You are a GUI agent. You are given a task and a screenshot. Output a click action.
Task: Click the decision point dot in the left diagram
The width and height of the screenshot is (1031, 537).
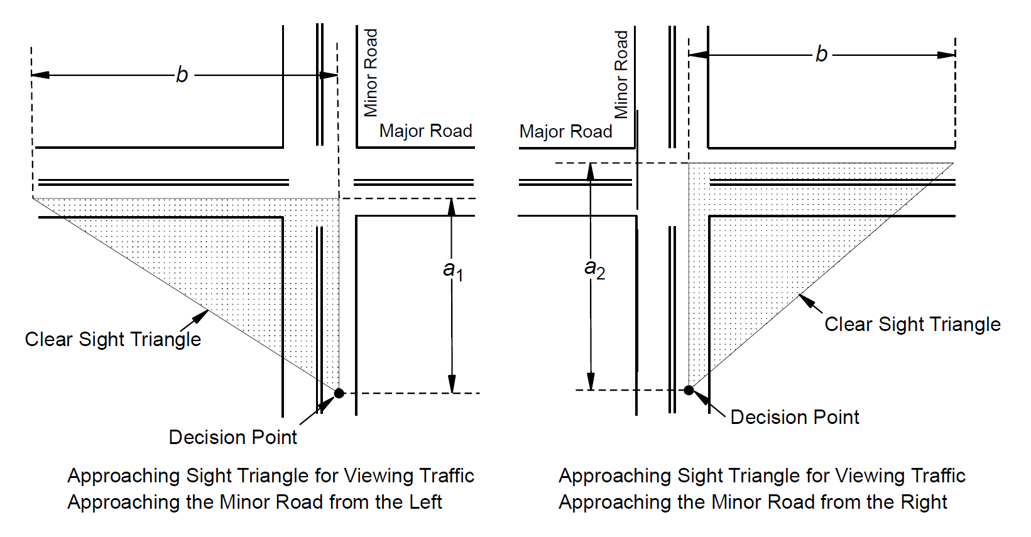tap(339, 393)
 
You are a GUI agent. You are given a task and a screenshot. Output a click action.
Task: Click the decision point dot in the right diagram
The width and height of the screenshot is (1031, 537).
tap(689, 390)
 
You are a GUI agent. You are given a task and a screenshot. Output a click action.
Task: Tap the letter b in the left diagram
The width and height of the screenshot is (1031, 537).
tap(182, 75)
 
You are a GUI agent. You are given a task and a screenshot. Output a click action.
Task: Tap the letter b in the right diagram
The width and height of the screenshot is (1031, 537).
tap(821, 55)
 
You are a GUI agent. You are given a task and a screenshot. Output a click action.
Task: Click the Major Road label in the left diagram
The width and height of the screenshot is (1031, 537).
tap(425, 131)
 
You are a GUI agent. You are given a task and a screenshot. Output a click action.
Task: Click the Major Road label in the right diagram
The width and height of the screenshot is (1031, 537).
tap(565, 131)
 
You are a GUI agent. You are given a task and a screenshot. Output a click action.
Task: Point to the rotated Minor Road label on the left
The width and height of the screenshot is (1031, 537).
tap(371, 73)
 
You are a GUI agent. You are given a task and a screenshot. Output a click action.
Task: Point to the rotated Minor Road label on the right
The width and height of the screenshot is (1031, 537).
tap(621, 74)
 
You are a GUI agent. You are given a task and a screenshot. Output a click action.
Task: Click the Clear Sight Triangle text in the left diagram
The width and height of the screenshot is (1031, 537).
tap(113, 339)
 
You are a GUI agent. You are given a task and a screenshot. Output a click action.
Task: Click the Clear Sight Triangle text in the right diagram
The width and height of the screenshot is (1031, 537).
tap(912, 324)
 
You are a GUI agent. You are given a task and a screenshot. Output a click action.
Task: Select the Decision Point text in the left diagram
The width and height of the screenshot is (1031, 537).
tap(232, 437)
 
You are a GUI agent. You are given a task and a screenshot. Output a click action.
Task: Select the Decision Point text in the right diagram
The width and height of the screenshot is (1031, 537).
tap(794, 417)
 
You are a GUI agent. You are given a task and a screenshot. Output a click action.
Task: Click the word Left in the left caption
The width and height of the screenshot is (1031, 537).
tap(427, 502)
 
